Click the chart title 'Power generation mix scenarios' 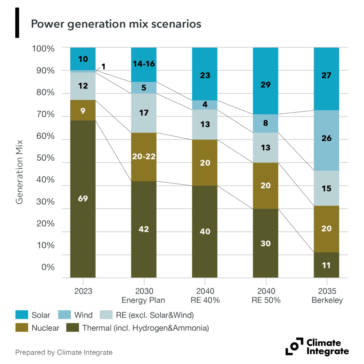116,24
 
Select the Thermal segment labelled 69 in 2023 83,198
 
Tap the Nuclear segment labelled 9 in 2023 83,110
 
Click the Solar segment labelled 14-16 144,64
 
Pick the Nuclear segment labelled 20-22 144,157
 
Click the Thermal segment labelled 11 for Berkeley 326,265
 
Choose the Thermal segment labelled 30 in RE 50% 266,243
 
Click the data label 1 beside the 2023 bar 103,66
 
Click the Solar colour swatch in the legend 21,315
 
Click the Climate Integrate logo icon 292,346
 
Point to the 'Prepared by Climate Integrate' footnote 64,353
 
